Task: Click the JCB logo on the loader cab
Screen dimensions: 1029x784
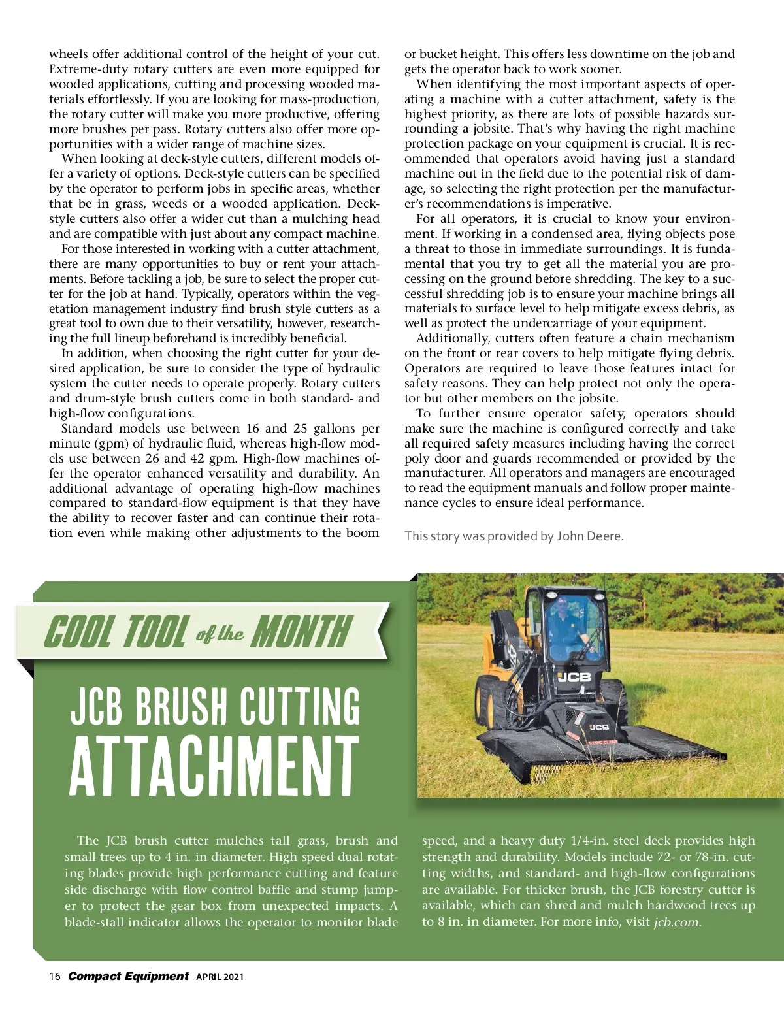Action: pyautogui.click(x=574, y=677)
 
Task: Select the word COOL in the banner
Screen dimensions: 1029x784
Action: pyautogui.click(x=78, y=632)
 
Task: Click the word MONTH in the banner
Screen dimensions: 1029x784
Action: pyautogui.click(x=302, y=632)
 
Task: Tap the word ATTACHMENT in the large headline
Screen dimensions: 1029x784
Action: pyautogui.click(x=214, y=766)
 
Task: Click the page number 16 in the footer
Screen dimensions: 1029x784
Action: pyautogui.click(x=55, y=977)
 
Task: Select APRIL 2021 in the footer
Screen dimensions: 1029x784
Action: pyautogui.click(x=220, y=977)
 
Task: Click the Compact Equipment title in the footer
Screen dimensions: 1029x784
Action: pyautogui.click(x=128, y=976)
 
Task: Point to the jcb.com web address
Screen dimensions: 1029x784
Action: pyautogui.click(x=677, y=923)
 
